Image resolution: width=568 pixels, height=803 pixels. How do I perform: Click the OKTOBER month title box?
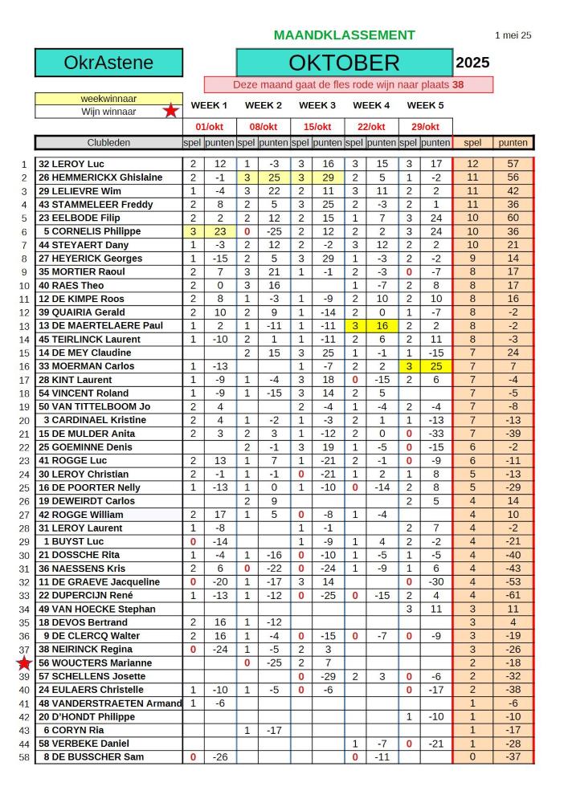pos(344,63)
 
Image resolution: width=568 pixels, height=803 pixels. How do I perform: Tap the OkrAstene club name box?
pos(108,63)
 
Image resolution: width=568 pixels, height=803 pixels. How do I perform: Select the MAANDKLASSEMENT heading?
pos(344,35)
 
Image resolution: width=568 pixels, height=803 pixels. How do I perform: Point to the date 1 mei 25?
pos(513,35)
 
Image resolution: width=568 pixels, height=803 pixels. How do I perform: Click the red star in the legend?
pos(170,111)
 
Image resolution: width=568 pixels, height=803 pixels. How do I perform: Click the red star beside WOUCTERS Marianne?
pos(25,663)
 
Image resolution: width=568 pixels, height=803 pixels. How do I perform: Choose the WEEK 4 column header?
pos(371,105)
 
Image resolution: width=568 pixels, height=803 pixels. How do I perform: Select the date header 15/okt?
pos(317,127)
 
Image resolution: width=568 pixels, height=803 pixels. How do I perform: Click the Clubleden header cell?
pos(108,143)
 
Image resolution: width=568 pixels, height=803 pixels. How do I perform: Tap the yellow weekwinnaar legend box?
pos(108,99)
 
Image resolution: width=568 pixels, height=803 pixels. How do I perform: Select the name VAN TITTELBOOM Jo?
pos(100,407)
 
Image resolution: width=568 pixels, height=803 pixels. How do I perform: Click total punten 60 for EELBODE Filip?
pos(513,218)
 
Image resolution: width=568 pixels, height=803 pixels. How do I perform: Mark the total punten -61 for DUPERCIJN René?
pos(513,596)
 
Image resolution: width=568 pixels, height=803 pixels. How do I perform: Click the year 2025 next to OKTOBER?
pos(472,63)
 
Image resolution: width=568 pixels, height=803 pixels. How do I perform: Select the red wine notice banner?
pos(348,84)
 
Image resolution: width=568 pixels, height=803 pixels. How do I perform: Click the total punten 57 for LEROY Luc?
pos(513,164)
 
